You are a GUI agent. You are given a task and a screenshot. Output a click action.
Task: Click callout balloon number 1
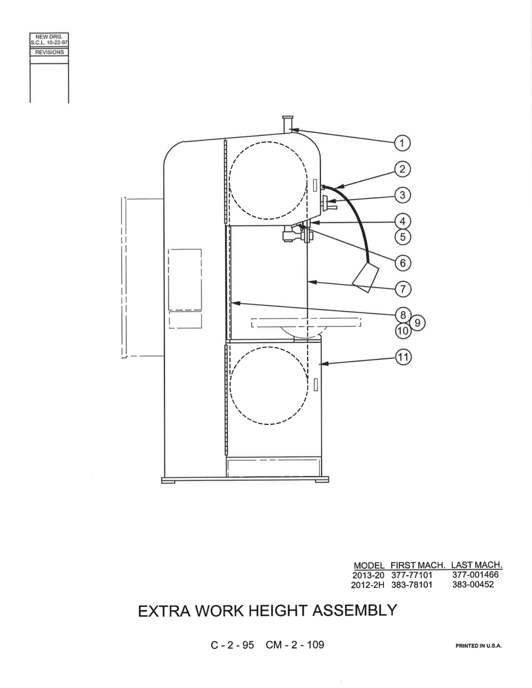tap(402, 143)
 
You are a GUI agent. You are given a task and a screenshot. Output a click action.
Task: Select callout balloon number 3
tap(403, 195)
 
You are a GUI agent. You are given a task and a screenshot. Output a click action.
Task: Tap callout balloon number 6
tap(403, 263)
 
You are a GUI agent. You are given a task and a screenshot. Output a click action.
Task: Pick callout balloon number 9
tap(418, 323)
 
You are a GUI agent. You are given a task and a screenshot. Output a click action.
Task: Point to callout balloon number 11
tap(403, 357)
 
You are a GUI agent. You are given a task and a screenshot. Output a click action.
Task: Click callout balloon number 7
tap(403, 289)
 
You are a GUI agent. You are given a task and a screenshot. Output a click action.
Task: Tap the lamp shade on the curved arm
tap(366, 277)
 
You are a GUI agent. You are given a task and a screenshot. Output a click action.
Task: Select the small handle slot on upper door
tap(315, 185)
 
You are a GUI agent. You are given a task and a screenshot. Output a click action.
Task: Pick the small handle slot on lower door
tap(315, 385)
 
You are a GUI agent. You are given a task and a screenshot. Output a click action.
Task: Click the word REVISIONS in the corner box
tap(49, 52)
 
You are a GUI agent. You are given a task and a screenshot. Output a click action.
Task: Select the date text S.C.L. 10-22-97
tap(49, 42)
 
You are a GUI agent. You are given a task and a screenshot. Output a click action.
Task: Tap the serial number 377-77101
tap(412, 575)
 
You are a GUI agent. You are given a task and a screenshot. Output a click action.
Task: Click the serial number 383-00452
tap(473, 584)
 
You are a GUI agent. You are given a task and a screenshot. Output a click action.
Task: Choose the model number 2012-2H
tap(367, 585)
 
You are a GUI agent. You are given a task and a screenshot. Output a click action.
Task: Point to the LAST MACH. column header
tap(476, 565)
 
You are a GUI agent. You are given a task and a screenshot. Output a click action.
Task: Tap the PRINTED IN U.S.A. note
tap(479, 646)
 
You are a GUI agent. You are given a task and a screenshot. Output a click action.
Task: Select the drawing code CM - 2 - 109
tap(295, 645)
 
